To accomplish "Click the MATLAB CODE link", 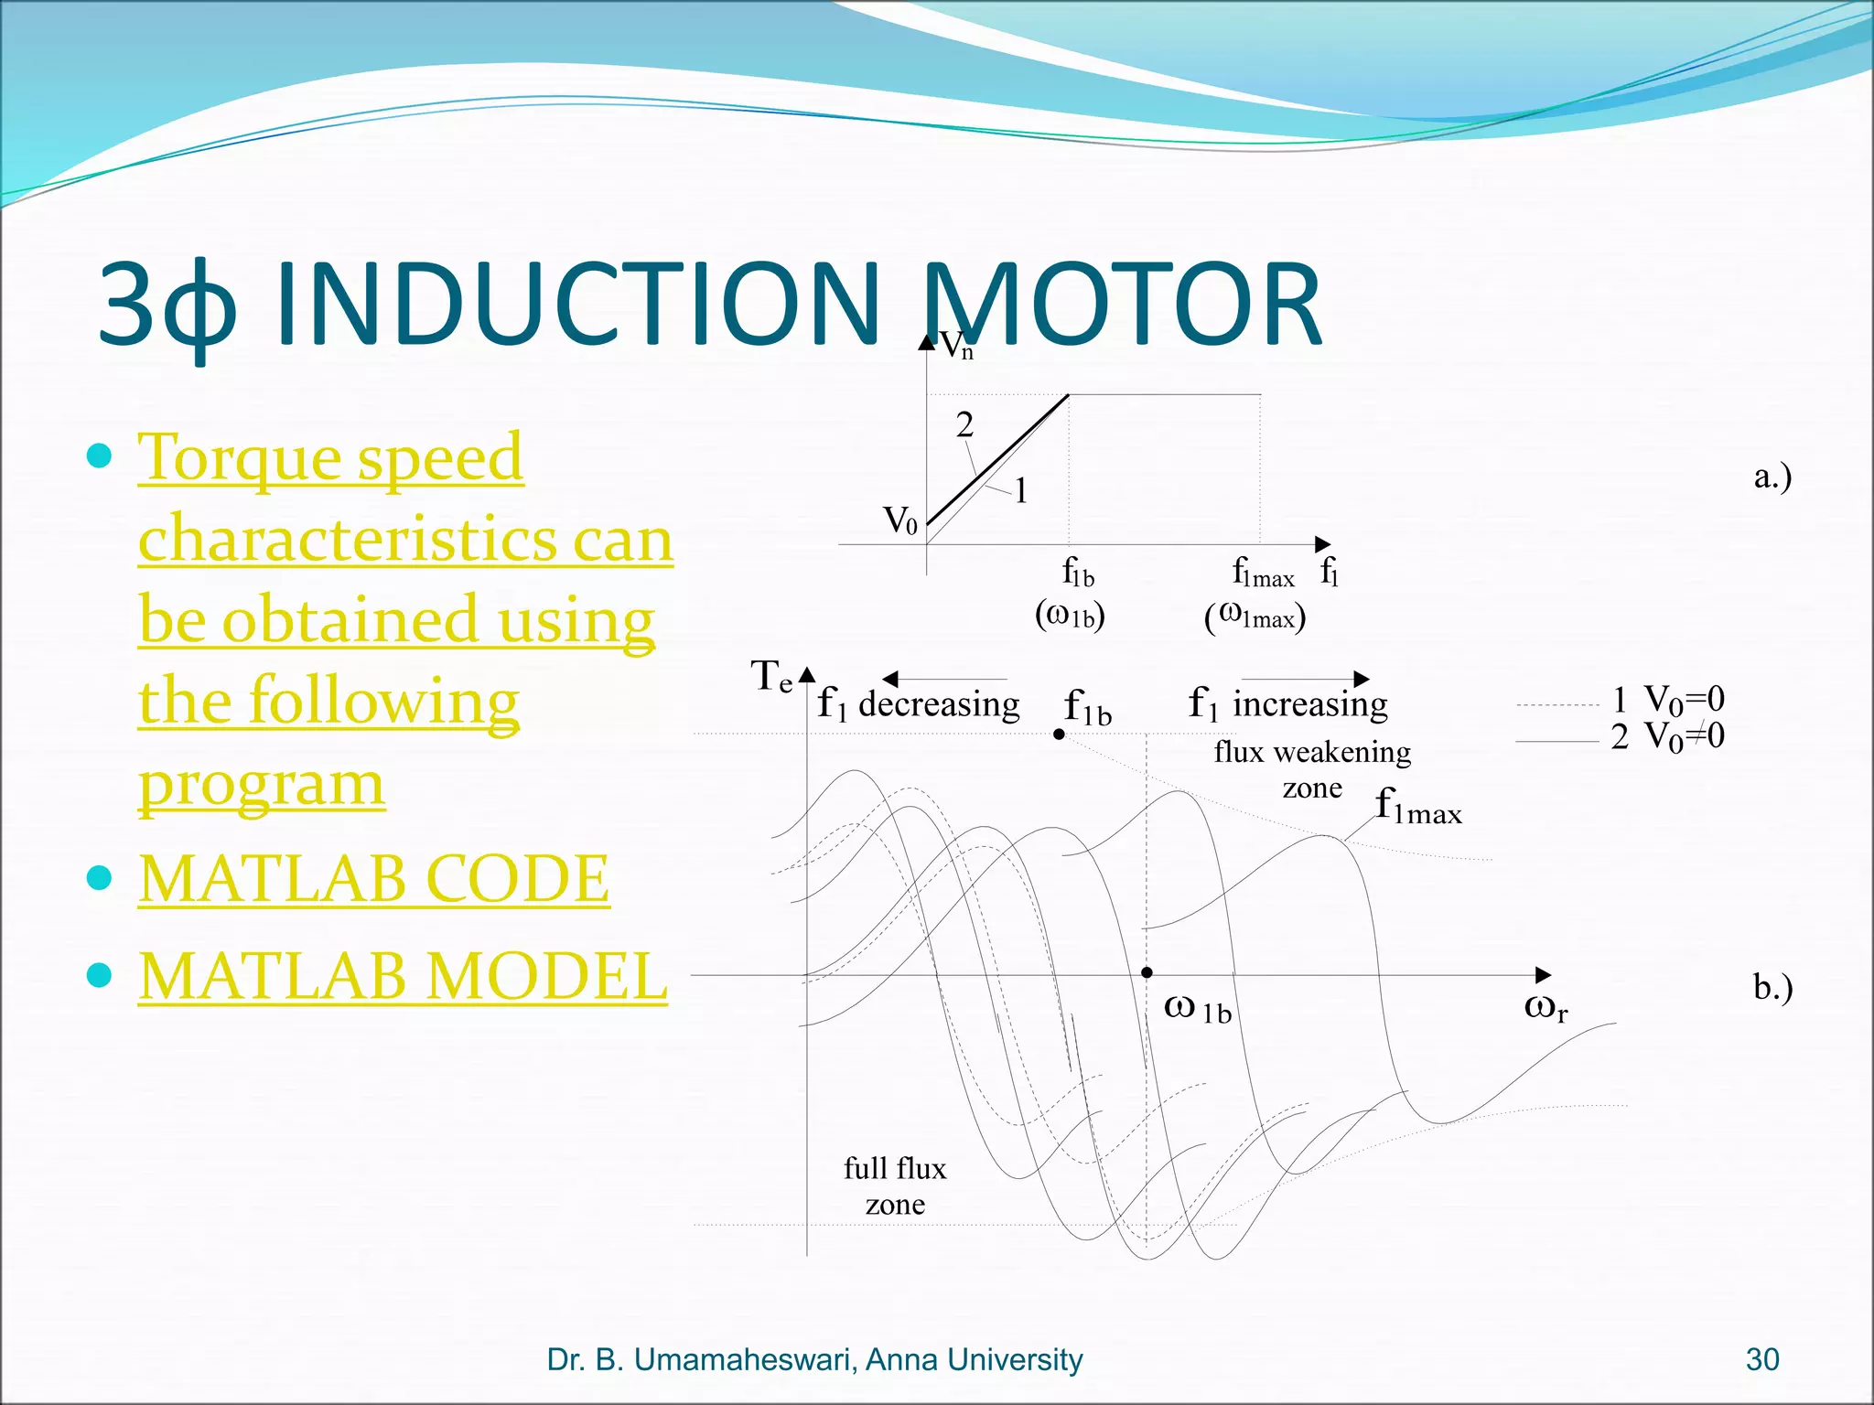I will [x=373, y=879].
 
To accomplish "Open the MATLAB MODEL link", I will [x=403, y=976].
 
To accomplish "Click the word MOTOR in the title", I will [x=1121, y=305].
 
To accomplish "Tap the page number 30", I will [x=1761, y=1359].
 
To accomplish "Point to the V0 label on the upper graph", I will [x=899, y=520].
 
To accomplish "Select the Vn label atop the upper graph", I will [x=957, y=346].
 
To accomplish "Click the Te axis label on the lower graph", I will [x=770, y=677].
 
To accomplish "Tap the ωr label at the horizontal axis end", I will [x=1546, y=1007].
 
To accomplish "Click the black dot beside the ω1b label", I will [x=1147, y=972].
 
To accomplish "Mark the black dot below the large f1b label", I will [x=1059, y=734].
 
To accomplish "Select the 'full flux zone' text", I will [x=895, y=1185].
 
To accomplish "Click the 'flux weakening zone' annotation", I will [x=1312, y=768].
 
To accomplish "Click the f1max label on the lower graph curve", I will [x=1417, y=807].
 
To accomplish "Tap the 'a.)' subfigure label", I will [x=1772, y=476].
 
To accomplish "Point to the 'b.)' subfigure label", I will [x=1772, y=987].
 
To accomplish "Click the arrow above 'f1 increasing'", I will [x=1305, y=679].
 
